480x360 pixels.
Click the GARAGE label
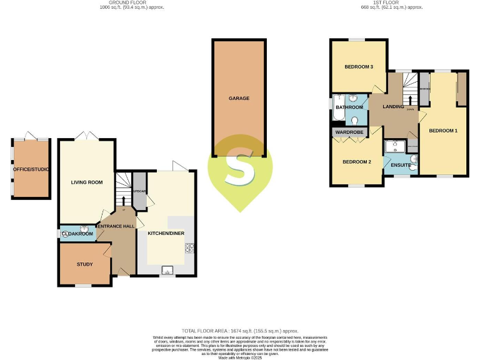coord(239,98)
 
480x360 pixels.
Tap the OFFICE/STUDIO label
coord(31,169)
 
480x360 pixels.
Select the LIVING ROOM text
coord(86,182)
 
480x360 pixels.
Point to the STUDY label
coord(84,264)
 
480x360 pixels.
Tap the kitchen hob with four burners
coord(189,249)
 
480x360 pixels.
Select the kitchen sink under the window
coord(166,270)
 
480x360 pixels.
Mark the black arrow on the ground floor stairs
coord(124,201)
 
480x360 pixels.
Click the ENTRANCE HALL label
coord(116,225)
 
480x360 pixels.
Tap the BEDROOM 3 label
coord(359,67)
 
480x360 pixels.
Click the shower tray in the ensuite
coord(395,147)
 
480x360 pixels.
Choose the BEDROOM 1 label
coord(443,131)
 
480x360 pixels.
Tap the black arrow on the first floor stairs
coord(410,99)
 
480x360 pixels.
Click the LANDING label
coord(393,107)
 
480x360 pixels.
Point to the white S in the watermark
coord(240,166)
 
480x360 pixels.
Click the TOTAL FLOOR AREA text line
coord(240,331)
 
